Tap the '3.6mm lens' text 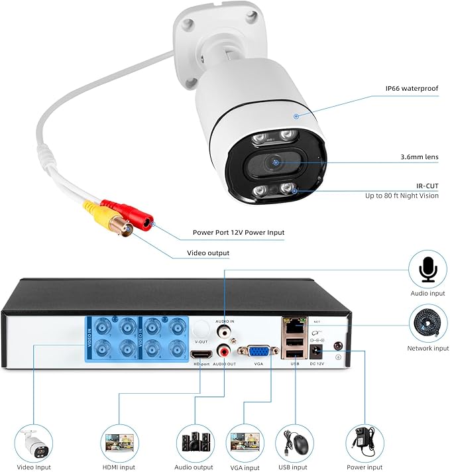[x=420, y=157]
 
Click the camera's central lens [x=274, y=162]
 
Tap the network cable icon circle [x=427, y=324]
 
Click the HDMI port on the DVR [x=199, y=354]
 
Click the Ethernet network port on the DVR [x=293, y=325]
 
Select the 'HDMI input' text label [x=120, y=467]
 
